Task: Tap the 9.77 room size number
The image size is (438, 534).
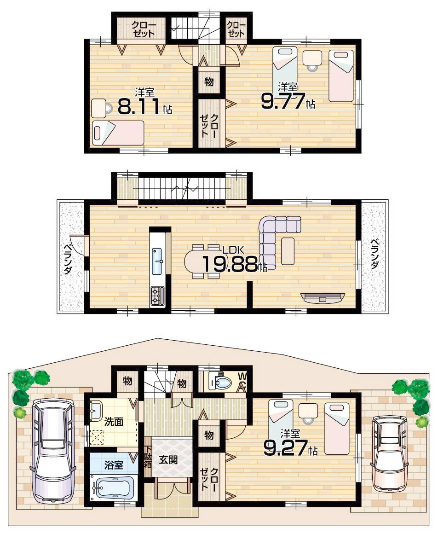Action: pyautogui.click(x=283, y=101)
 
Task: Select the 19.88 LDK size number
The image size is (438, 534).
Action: pyautogui.click(x=229, y=264)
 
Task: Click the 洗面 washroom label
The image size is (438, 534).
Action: pyautogui.click(x=113, y=421)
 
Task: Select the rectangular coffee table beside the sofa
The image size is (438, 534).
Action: pyautogui.click(x=288, y=251)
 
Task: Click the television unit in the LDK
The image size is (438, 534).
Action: pyautogui.click(x=322, y=297)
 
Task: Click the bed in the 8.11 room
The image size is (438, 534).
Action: pyautogui.click(x=118, y=133)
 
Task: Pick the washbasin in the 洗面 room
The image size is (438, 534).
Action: pyautogui.click(x=97, y=410)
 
